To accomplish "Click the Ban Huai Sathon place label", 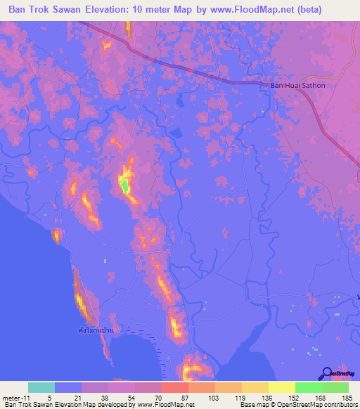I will (303, 86).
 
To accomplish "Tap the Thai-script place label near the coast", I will (95, 329).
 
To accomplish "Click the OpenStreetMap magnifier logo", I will (326, 373).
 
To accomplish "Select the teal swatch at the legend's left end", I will (41, 387).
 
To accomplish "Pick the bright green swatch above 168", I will (309, 387).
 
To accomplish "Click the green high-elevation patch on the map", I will (124, 186).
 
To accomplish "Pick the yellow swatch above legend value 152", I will (282, 387).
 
